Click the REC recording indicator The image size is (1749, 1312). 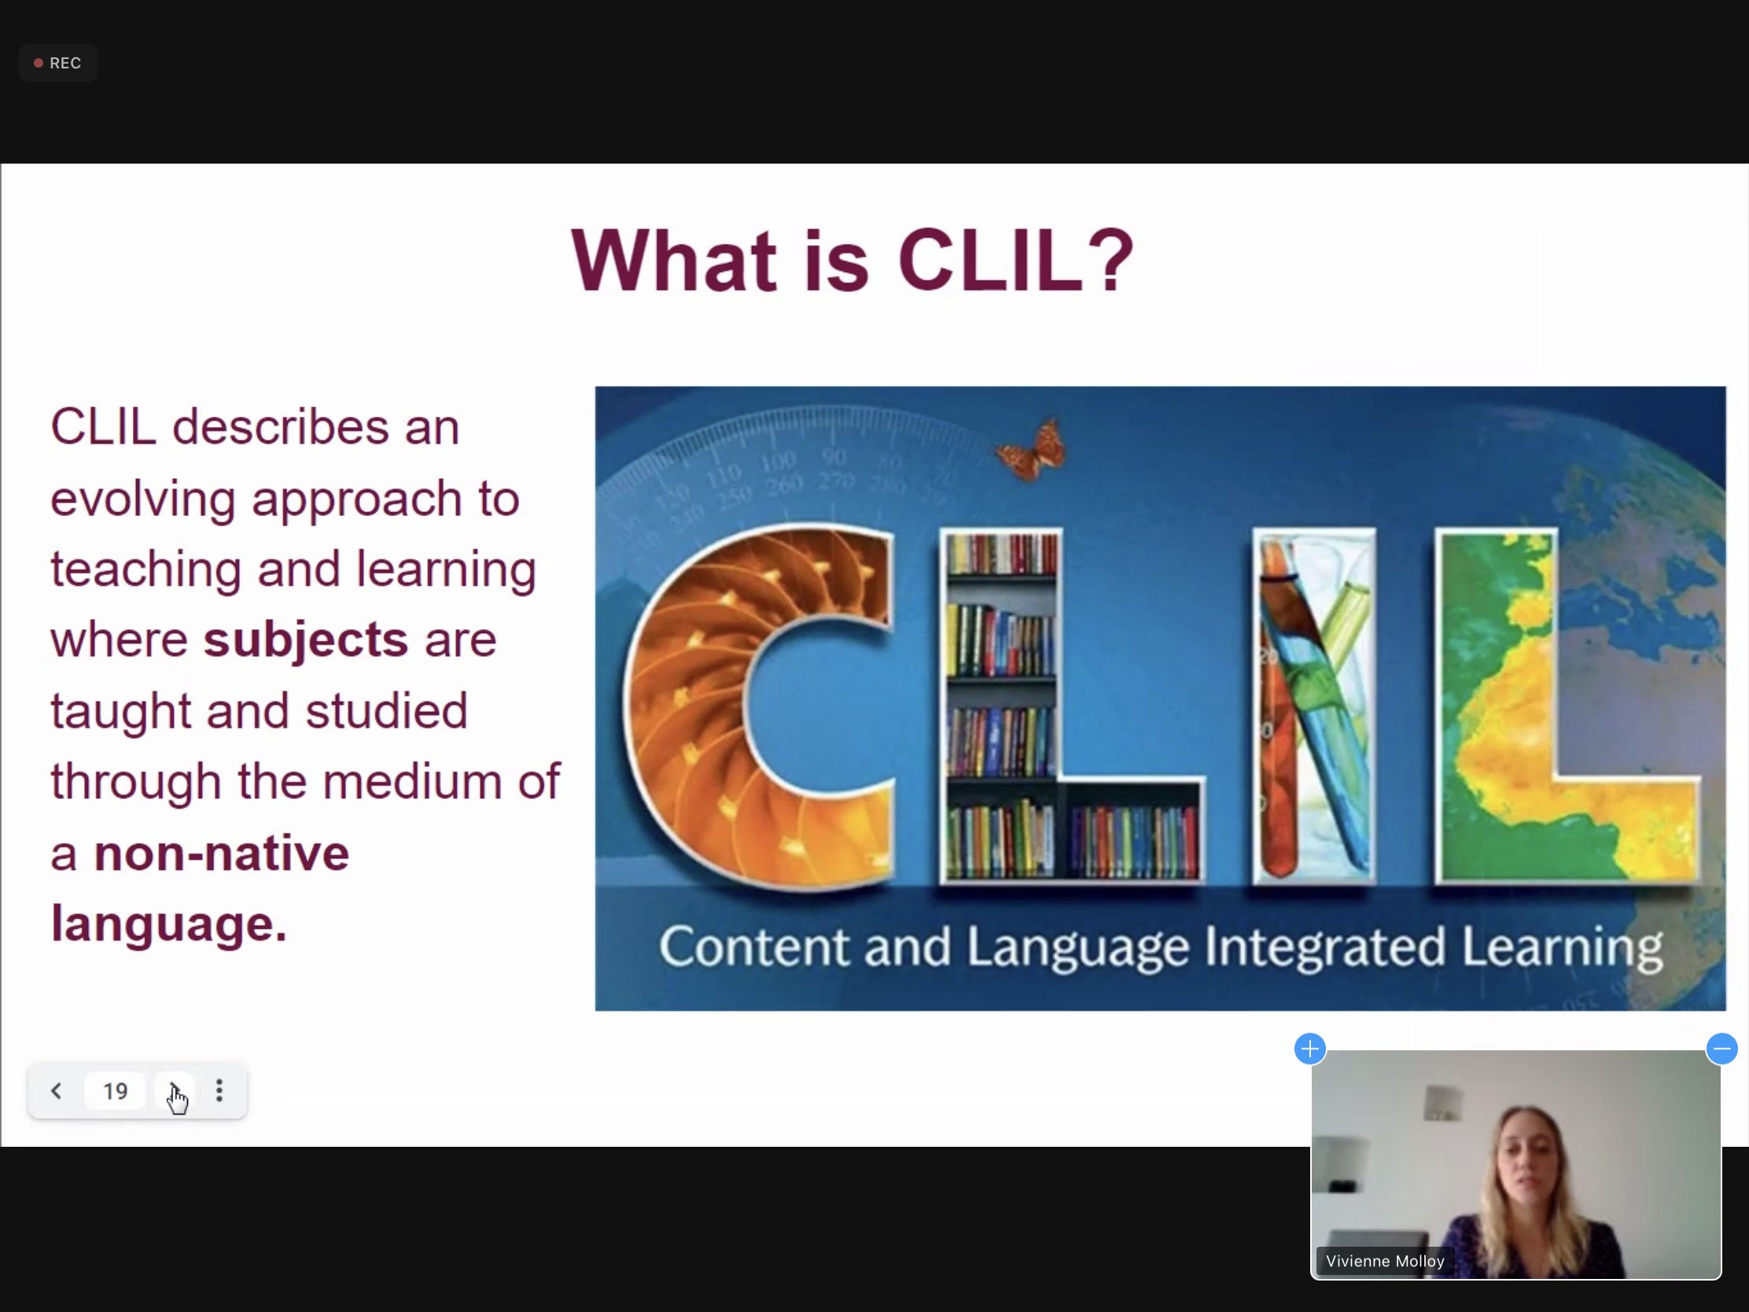click(x=57, y=63)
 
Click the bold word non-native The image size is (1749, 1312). click(x=222, y=854)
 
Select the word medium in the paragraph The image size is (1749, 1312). click(x=412, y=781)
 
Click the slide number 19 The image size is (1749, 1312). click(x=116, y=1091)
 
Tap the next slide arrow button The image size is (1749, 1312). click(x=174, y=1091)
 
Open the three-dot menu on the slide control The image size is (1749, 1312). click(x=220, y=1091)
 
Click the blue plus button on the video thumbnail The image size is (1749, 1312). click(x=1310, y=1049)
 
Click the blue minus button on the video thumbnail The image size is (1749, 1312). click(x=1721, y=1049)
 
